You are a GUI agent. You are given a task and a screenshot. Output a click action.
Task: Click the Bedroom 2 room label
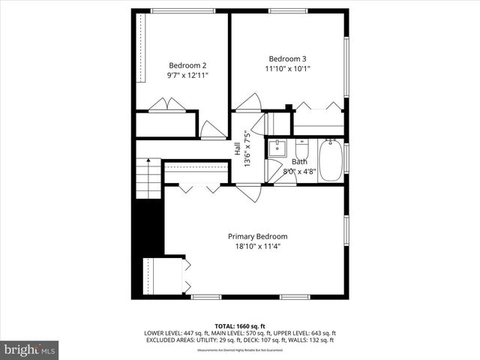point(187,64)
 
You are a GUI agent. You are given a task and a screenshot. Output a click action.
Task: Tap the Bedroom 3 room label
point(288,58)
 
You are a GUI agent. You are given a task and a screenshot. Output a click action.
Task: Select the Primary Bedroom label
point(257,236)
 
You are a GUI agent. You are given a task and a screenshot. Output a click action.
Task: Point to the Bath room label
point(299,161)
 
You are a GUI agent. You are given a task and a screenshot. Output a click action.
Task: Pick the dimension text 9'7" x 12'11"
point(187,75)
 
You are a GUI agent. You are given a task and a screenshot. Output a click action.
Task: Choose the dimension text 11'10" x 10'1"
point(288,69)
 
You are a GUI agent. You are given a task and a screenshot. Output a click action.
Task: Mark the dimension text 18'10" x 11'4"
point(257,247)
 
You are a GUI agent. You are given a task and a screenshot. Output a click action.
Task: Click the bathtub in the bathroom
point(330,157)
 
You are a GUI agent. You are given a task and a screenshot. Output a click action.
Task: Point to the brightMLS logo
point(30,349)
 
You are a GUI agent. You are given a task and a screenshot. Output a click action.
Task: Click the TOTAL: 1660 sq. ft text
point(240,326)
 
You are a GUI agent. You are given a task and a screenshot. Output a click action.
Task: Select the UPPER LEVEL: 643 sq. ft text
point(304,333)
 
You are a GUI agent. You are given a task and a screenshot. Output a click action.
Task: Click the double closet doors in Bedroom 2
point(166,105)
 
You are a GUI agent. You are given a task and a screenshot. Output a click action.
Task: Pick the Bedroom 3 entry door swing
point(249,102)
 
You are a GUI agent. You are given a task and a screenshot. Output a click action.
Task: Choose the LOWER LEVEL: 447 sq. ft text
point(175,333)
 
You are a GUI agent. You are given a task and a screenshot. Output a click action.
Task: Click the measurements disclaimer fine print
point(240,350)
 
